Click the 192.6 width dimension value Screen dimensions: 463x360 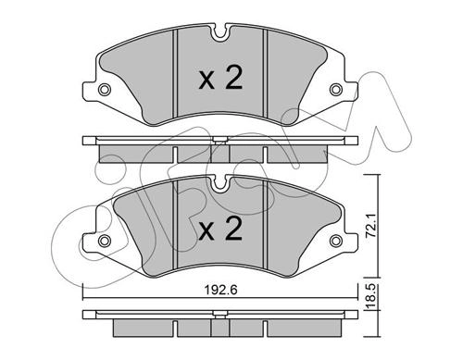[220, 291]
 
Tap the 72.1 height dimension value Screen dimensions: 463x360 [370, 226]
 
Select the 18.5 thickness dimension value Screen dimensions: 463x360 [370, 297]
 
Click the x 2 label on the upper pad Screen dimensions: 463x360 [220, 79]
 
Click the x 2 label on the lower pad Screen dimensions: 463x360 [220, 230]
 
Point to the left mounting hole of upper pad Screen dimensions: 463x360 [105, 90]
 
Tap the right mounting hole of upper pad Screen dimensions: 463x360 [336, 90]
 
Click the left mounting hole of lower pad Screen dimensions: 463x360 [105, 241]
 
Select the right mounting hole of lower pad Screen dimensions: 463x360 [336, 241]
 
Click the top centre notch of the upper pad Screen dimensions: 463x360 [220, 33]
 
